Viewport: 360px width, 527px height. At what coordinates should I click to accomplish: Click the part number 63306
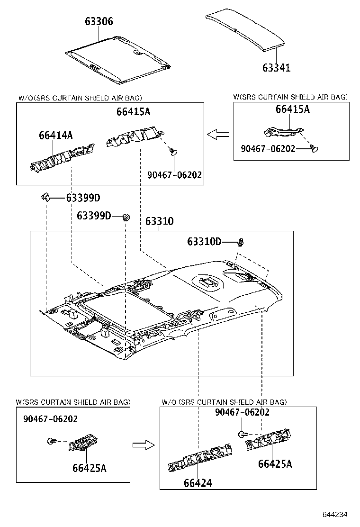[99, 21]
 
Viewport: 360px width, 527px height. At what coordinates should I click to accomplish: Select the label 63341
[277, 68]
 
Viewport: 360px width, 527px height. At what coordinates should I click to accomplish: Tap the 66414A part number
[56, 136]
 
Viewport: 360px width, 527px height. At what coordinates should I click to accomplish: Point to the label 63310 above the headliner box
[159, 221]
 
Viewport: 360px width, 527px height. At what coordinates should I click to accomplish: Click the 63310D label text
[204, 242]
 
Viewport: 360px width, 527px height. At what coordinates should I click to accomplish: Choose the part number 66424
[198, 483]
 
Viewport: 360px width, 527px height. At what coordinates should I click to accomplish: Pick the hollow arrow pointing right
[144, 445]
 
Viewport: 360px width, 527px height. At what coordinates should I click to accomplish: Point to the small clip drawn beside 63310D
[242, 243]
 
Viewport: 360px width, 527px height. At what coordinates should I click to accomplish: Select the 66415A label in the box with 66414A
[134, 112]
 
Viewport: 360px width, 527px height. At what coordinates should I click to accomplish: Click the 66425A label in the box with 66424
[275, 463]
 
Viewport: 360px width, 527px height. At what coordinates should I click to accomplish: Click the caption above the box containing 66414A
[80, 98]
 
